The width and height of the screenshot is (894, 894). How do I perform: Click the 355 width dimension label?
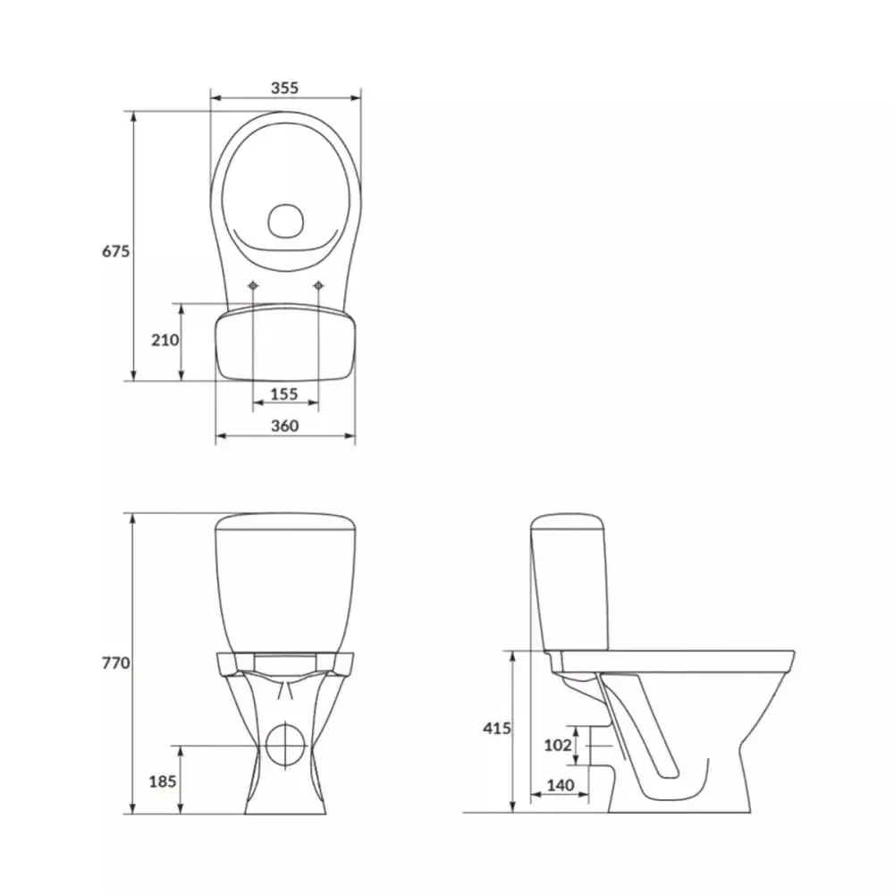click(284, 88)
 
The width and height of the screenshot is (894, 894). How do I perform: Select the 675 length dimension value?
click(115, 251)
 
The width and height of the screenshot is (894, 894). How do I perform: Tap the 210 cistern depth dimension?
click(164, 341)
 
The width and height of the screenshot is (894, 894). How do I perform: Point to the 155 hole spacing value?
click(284, 393)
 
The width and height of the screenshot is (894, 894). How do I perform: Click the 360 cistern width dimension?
click(284, 426)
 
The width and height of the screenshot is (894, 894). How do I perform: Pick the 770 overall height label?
click(115, 663)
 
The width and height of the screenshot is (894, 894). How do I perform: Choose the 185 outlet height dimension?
click(162, 781)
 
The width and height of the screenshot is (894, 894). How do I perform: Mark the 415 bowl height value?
click(496, 729)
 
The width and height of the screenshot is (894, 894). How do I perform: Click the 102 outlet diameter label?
click(557, 745)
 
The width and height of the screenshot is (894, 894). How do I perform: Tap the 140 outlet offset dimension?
click(558, 785)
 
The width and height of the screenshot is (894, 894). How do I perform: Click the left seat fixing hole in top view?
click(253, 285)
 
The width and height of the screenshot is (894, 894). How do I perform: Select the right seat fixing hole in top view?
click(318, 285)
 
